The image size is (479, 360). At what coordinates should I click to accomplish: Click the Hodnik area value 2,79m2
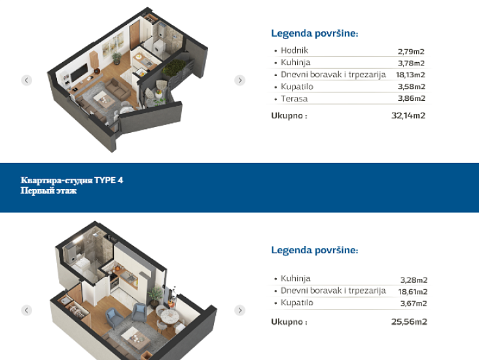tap(411, 51)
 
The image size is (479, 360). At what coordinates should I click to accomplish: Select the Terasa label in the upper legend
tap(294, 99)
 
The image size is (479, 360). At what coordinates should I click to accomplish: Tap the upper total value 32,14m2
tap(408, 115)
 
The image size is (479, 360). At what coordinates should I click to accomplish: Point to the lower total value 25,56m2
tap(409, 321)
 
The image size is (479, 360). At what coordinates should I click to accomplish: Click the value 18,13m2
tap(410, 75)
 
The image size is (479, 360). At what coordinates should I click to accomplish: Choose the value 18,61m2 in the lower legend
tap(413, 292)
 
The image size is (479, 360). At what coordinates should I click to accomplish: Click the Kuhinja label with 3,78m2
tap(295, 62)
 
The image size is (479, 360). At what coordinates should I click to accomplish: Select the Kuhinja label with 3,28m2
tap(295, 278)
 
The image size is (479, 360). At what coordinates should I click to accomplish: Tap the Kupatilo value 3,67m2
tap(414, 304)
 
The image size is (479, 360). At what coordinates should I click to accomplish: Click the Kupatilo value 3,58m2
tap(411, 87)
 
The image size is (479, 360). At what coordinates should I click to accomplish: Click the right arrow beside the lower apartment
tap(239, 310)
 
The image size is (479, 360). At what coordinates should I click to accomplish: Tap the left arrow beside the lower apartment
tap(27, 310)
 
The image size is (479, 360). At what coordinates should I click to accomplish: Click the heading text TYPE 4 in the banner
tap(109, 180)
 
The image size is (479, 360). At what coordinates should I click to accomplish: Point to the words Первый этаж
tap(48, 190)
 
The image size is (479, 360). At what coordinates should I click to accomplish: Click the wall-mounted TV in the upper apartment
tap(79, 73)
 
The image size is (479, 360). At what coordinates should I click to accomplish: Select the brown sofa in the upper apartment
tap(118, 88)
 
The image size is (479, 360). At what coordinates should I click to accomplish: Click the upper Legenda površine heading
tap(315, 33)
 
